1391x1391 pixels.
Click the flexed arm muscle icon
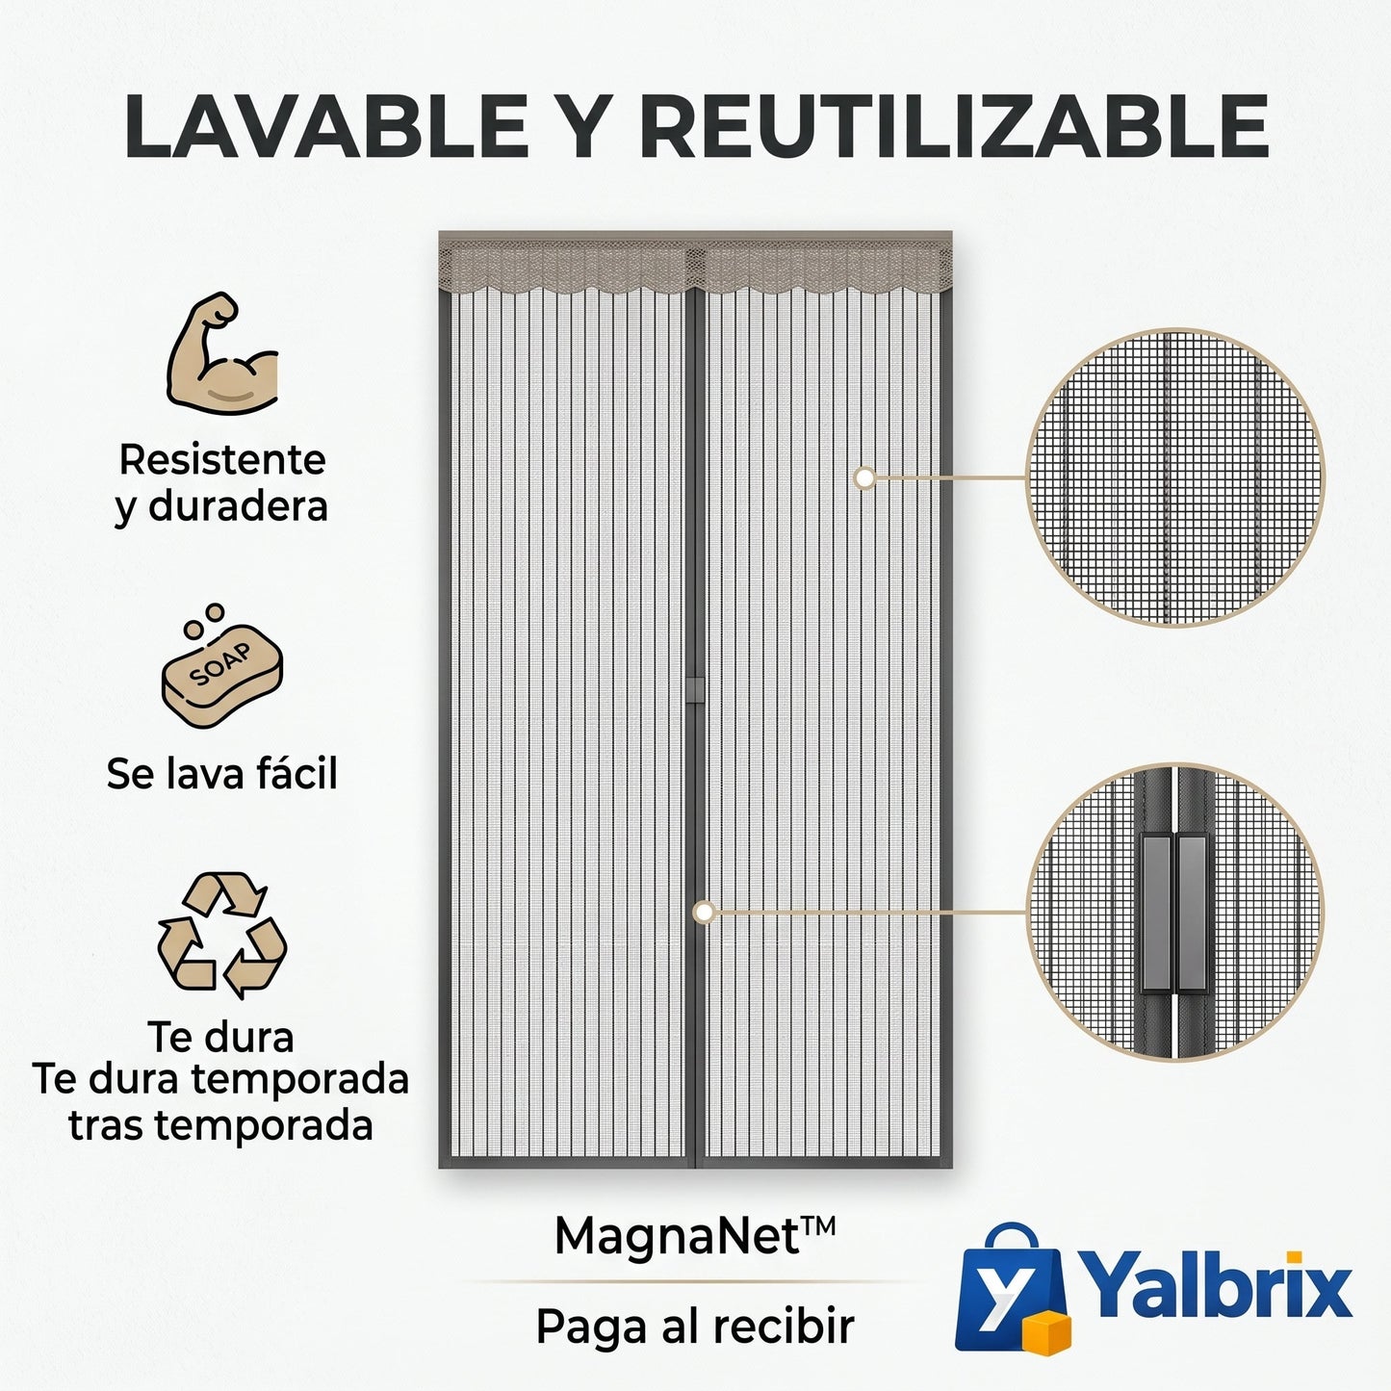click(x=222, y=351)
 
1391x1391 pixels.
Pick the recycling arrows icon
click(x=222, y=935)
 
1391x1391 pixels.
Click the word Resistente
click(x=222, y=460)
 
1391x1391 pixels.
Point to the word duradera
click(x=238, y=506)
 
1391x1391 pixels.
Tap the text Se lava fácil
click(x=222, y=773)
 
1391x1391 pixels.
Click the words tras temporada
click(x=220, y=1125)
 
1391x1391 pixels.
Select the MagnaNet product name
click(x=695, y=1236)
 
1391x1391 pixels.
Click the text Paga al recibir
click(x=695, y=1327)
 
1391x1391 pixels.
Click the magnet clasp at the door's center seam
click(x=695, y=690)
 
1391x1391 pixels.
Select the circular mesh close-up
click(x=1175, y=477)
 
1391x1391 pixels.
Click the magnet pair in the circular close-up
click(x=1175, y=914)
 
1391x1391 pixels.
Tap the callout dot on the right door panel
click(x=864, y=477)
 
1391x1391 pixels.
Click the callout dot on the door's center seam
click(x=704, y=913)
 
